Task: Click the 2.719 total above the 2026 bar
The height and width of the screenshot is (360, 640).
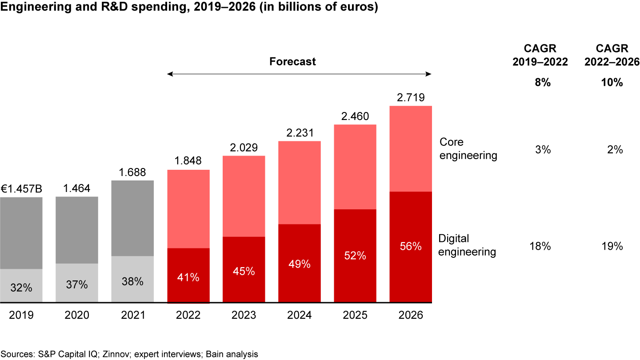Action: coord(411,98)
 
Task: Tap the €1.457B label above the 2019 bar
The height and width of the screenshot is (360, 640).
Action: coord(21,189)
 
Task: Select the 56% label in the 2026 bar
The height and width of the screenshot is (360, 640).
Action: coord(411,246)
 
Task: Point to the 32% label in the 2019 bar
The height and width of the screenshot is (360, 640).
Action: coord(21,288)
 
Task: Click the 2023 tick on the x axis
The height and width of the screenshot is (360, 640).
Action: coord(244,315)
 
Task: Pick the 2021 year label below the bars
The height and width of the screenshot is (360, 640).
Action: coord(132,315)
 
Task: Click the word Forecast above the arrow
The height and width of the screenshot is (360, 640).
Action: coord(292,61)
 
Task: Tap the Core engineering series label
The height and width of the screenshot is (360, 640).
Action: coord(468,148)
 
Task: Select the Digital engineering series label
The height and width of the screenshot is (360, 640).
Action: coord(467,245)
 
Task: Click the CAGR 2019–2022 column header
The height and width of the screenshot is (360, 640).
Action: coord(540,55)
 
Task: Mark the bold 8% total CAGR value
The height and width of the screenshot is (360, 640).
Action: coord(543,82)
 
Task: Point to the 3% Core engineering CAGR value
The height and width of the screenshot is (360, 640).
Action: coord(543,150)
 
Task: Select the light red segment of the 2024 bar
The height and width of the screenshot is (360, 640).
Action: coord(300,182)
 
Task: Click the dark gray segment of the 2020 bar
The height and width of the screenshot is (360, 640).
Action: coord(76,230)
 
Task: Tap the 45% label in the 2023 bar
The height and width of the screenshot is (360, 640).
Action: coord(244,271)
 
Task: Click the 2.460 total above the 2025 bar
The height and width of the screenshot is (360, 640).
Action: coord(355,117)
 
